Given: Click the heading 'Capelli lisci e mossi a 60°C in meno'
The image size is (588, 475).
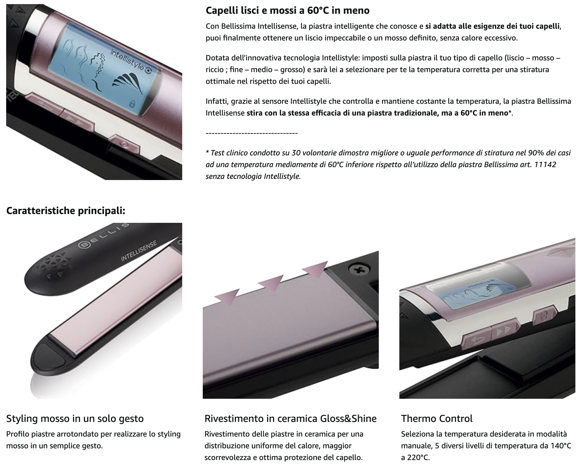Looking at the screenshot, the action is coord(288,11).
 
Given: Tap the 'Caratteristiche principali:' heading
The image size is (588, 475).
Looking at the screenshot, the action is coord(66,211).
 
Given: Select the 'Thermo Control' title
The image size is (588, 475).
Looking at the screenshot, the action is coord(437,418).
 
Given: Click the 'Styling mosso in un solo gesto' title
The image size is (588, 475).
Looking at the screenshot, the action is coord(75,419).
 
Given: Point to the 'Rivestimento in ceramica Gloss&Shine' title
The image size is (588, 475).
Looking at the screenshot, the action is coord(290,419).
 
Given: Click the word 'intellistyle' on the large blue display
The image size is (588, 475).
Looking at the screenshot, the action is coord(127,60).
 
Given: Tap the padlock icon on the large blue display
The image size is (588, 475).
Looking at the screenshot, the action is coord(132,104).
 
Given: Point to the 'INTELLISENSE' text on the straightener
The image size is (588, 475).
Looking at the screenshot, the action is coord(139,251).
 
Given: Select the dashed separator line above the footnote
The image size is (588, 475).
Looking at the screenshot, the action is coord(252,133).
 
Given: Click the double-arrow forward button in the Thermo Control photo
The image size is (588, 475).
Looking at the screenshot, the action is coord(503,332).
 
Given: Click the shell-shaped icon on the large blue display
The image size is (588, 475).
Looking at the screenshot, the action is coord(123,82).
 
